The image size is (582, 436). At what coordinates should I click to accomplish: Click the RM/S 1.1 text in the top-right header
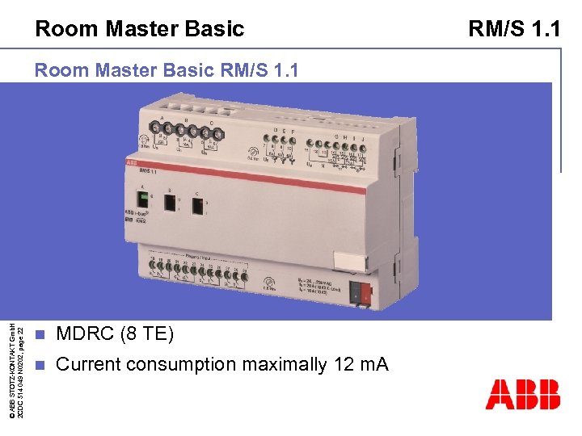(514, 30)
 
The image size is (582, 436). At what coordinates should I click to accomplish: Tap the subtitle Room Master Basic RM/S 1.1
(167, 71)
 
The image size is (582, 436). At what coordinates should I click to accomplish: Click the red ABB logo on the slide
(522, 395)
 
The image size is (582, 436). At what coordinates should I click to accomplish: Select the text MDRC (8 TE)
(114, 333)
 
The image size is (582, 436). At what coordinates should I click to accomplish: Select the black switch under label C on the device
(198, 207)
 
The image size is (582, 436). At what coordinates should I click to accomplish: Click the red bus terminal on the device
(366, 295)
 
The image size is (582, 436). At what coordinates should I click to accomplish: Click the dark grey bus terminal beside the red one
(354, 293)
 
